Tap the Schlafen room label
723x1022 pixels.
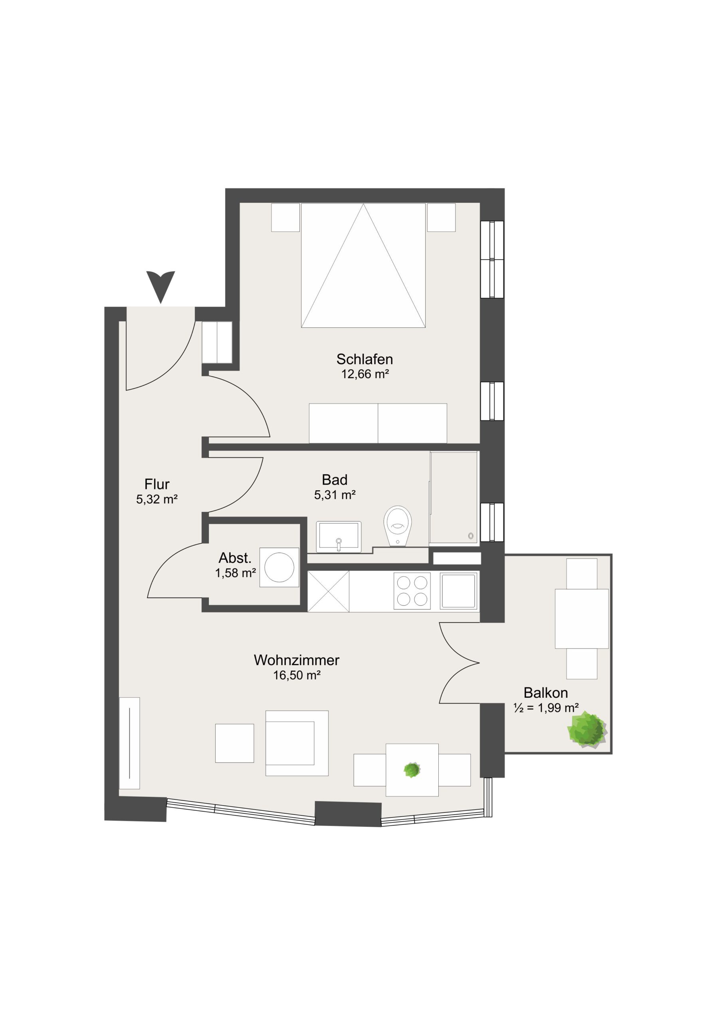click(x=364, y=359)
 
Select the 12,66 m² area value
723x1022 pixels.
click(x=365, y=374)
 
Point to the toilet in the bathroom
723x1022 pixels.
click(x=398, y=526)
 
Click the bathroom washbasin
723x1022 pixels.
click(x=339, y=537)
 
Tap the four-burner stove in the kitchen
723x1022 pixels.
click(x=412, y=591)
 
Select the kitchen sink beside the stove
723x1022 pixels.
click(x=459, y=591)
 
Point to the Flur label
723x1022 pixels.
click(x=157, y=484)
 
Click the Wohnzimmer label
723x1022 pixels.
click(x=297, y=660)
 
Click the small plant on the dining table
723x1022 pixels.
click(x=412, y=770)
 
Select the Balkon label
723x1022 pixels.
click(x=545, y=693)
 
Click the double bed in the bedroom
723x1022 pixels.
click(x=363, y=265)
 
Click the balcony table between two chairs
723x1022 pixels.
click(x=581, y=619)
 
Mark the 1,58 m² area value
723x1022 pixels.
click(x=236, y=573)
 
